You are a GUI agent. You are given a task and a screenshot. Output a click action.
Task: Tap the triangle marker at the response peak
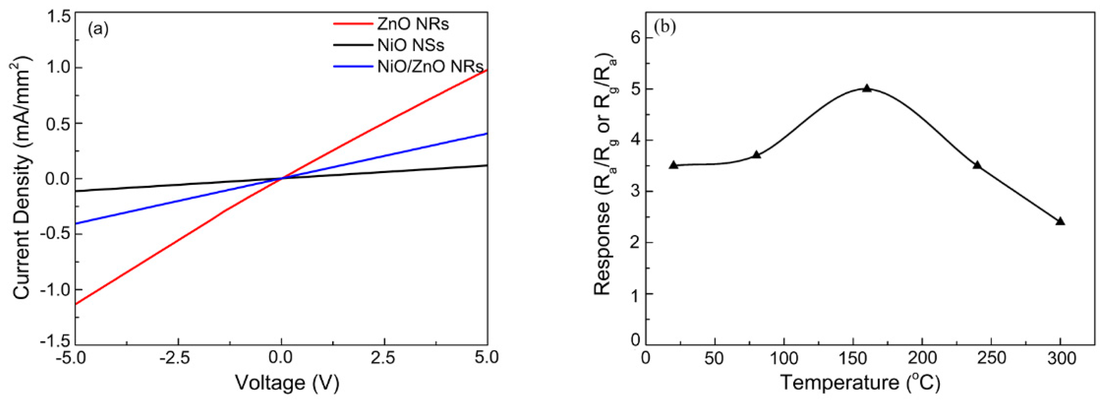pyautogui.click(x=867, y=88)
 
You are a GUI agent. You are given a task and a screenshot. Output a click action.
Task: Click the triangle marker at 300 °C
pyautogui.click(x=1060, y=221)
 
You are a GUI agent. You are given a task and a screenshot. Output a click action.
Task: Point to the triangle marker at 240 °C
pyautogui.click(x=977, y=165)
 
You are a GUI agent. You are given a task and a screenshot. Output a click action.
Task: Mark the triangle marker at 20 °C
pyautogui.click(x=673, y=165)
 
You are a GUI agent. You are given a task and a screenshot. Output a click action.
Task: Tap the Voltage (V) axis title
pyautogui.click(x=287, y=383)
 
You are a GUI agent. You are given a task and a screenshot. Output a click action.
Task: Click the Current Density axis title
pyautogui.click(x=22, y=179)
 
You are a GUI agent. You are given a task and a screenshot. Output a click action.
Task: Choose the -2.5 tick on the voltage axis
pyautogui.click(x=178, y=358)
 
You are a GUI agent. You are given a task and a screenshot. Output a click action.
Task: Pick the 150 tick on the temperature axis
pyautogui.click(x=853, y=358)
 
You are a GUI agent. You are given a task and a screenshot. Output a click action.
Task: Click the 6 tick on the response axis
pyautogui.click(x=635, y=38)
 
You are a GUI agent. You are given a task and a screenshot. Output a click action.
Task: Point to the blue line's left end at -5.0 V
pyautogui.click(x=76, y=223)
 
